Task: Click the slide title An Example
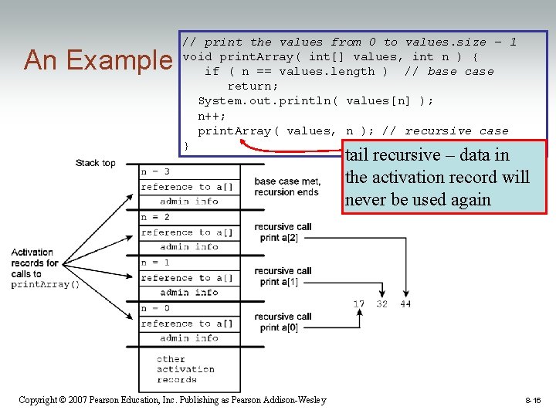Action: [x=98, y=59]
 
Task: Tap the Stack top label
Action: [x=95, y=163]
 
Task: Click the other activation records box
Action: [x=185, y=369]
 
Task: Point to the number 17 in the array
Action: [x=359, y=304]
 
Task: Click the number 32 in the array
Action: [x=382, y=304]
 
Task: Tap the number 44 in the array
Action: [x=405, y=304]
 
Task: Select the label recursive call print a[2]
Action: [x=283, y=232]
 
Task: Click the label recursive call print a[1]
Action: [x=283, y=276]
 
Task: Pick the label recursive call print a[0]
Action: [x=283, y=322]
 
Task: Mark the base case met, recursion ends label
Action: [x=286, y=187]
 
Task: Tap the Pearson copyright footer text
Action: [x=172, y=400]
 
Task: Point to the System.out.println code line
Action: [x=316, y=101]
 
